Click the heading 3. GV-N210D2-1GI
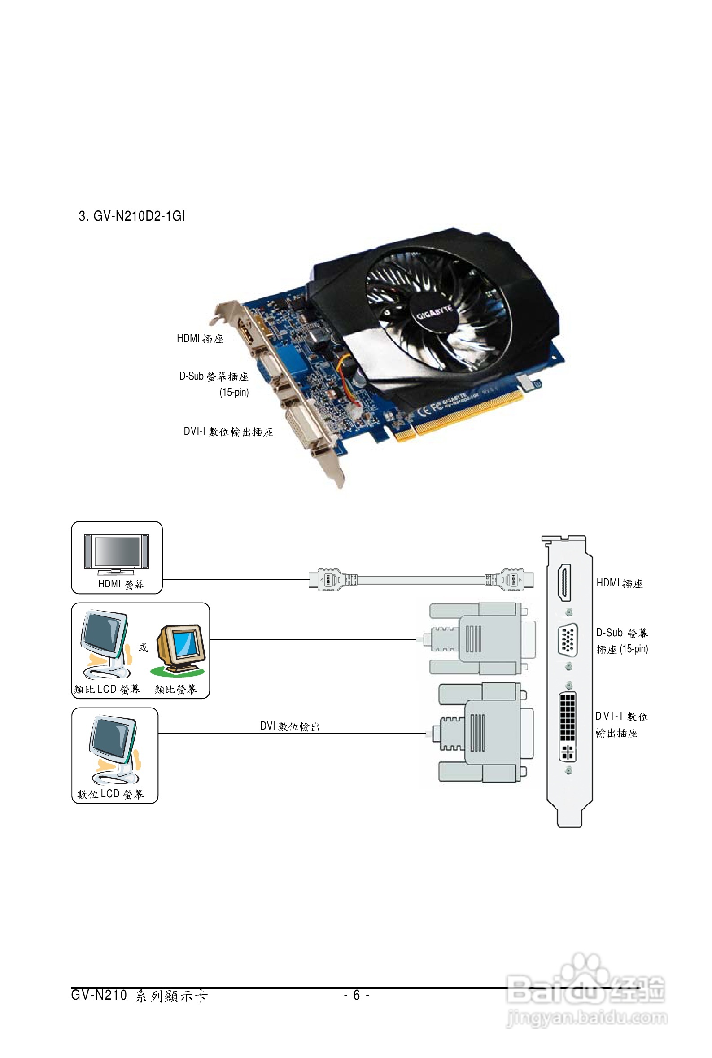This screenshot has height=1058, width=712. [x=132, y=216]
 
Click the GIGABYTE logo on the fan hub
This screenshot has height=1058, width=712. [x=435, y=312]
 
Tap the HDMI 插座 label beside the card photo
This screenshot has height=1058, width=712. [x=200, y=338]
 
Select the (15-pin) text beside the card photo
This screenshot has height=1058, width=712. [x=234, y=392]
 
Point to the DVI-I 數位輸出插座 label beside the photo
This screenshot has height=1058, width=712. [x=228, y=431]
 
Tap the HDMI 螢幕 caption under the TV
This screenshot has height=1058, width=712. [x=121, y=584]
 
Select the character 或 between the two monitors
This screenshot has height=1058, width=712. [x=143, y=647]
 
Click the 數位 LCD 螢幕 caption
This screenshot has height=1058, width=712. [x=110, y=794]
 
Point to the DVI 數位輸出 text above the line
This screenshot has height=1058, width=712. [x=290, y=726]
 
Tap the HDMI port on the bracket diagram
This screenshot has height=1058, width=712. [x=564, y=582]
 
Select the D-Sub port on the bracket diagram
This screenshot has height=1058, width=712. [x=567, y=640]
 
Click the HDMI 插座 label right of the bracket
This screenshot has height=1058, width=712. [x=620, y=583]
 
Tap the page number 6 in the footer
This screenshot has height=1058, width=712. [x=357, y=995]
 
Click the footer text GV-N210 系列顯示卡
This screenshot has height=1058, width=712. [x=140, y=995]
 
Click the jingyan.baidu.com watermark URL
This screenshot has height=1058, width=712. [x=587, y=1018]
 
